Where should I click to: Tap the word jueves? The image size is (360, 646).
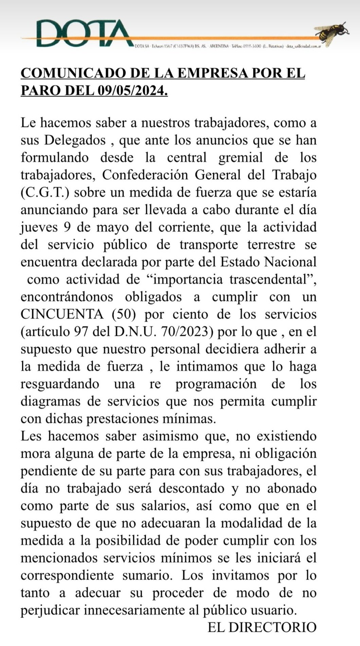click(39, 228)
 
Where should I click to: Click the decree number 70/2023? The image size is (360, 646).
click(186, 332)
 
